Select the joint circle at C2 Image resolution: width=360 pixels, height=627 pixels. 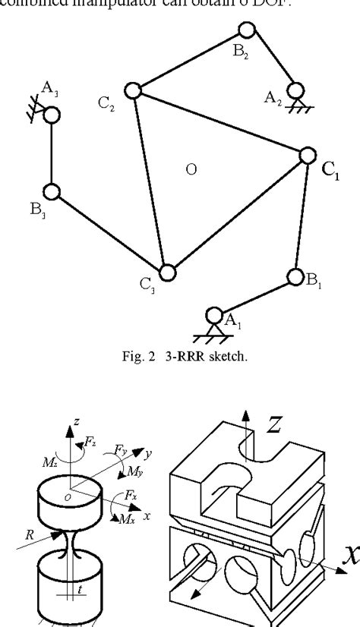click(133, 90)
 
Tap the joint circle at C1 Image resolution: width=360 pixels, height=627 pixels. click(307, 155)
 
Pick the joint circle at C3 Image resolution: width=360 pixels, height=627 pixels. click(167, 271)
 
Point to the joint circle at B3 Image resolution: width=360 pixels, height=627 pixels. click(51, 192)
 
